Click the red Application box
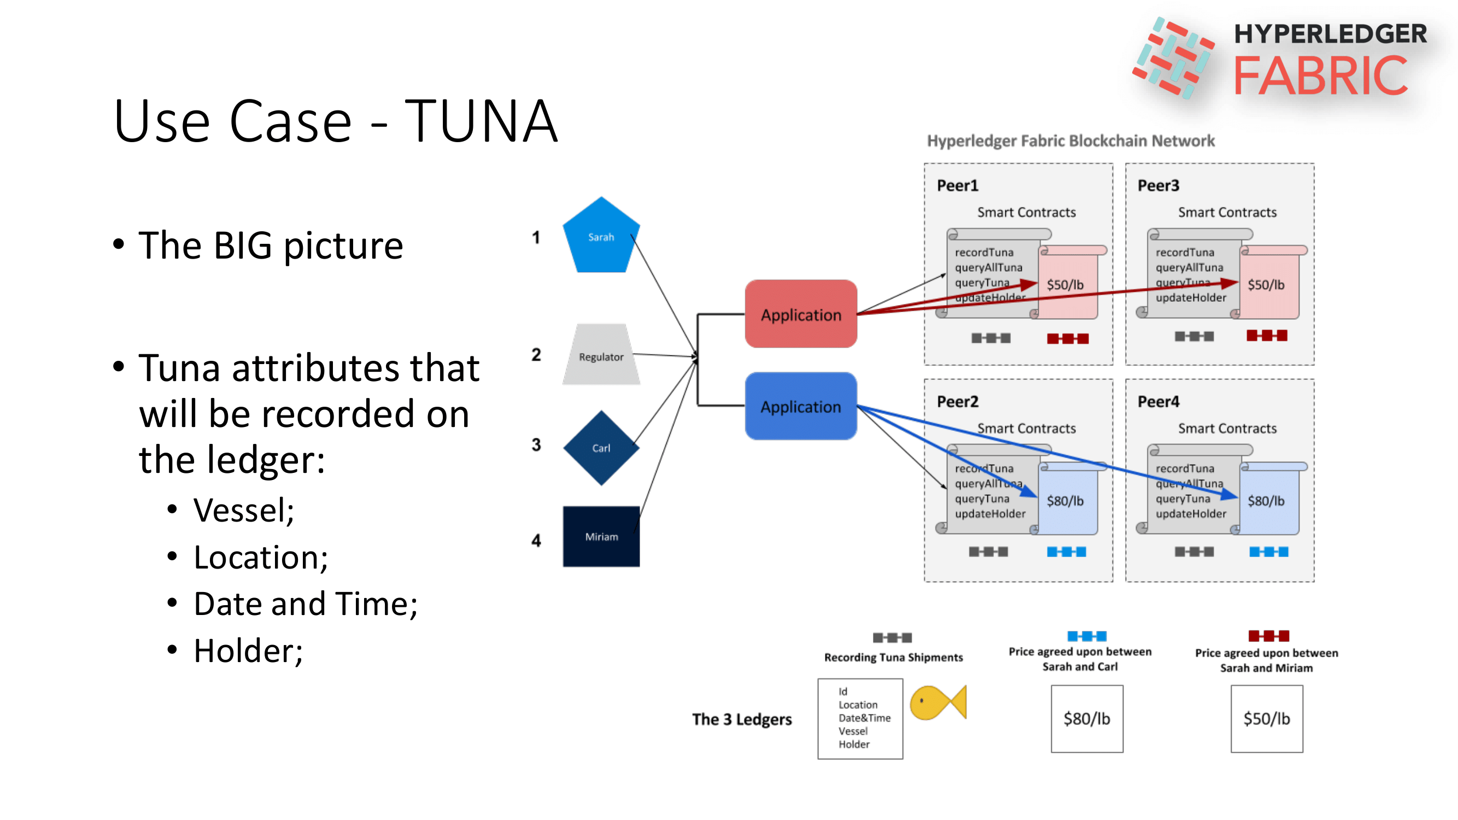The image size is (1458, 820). pyautogui.click(x=800, y=314)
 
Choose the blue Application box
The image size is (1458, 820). pyautogui.click(x=800, y=406)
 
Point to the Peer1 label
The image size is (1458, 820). pyautogui.click(x=957, y=185)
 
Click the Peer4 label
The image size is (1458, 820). pyautogui.click(x=1158, y=401)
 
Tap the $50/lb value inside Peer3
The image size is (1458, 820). pyautogui.click(x=1266, y=285)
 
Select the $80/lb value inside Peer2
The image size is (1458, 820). pyautogui.click(x=1064, y=501)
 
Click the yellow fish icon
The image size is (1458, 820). pyautogui.click(x=936, y=702)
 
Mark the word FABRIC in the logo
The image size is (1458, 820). pyautogui.click(x=1320, y=76)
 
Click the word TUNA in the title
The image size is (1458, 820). pyautogui.click(x=481, y=121)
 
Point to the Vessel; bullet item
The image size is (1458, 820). pyautogui.click(x=243, y=510)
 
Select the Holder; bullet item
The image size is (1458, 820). pyautogui.click(x=248, y=650)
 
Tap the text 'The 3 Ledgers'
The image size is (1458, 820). pyautogui.click(x=741, y=719)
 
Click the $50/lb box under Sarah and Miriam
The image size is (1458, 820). pyautogui.click(x=1266, y=718)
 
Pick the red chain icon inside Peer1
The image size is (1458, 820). pyautogui.click(x=1067, y=338)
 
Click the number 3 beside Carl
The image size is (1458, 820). pyautogui.click(x=535, y=444)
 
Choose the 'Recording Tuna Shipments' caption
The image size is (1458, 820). pyautogui.click(x=893, y=657)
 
